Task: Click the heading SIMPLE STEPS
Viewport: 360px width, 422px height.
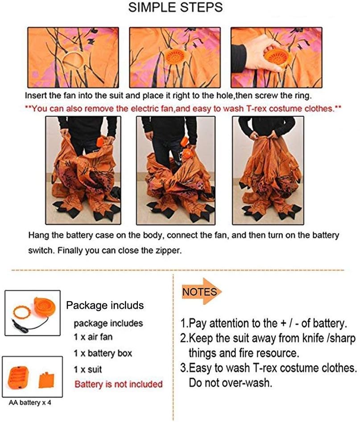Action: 175,8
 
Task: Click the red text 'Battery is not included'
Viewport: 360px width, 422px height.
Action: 118,384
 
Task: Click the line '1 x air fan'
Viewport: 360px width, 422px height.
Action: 93,337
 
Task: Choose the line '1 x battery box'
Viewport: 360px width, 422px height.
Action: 103,353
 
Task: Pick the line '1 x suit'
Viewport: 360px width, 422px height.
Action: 88,369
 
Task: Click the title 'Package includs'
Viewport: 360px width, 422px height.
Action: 105,305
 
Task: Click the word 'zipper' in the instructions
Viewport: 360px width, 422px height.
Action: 170,250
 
